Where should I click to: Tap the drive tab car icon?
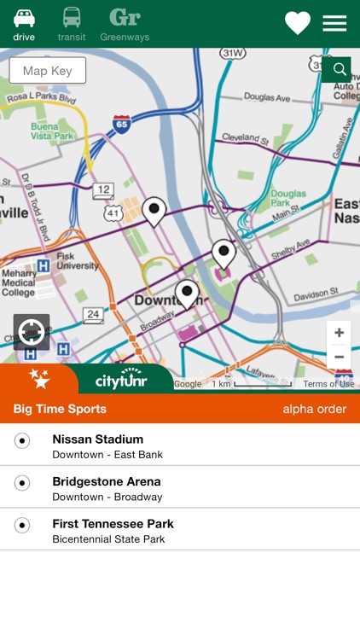point(24,18)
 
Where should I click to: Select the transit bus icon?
point(72,18)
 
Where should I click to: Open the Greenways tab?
point(125,19)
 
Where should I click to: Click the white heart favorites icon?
point(297,23)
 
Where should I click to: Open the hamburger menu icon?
point(334,23)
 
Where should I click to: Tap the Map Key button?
point(48,71)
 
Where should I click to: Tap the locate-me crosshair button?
point(32,332)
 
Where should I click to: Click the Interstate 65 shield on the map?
point(122,124)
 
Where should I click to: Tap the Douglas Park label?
point(288,200)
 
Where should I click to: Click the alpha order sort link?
point(314,410)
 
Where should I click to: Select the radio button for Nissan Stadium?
point(22,440)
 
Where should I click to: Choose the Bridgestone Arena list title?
point(106,481)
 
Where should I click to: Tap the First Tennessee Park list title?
point(113,523)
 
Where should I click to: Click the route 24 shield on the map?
point(94,316)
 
